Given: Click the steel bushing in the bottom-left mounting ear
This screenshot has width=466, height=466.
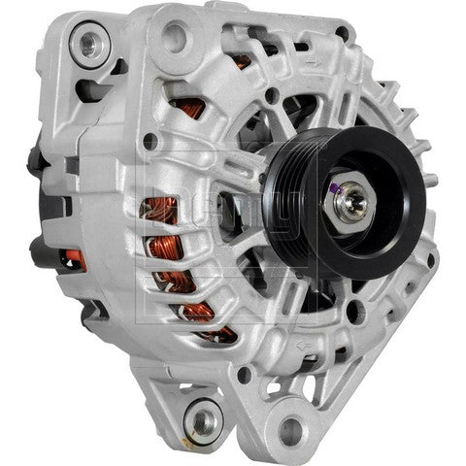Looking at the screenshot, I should coord(205,419).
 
